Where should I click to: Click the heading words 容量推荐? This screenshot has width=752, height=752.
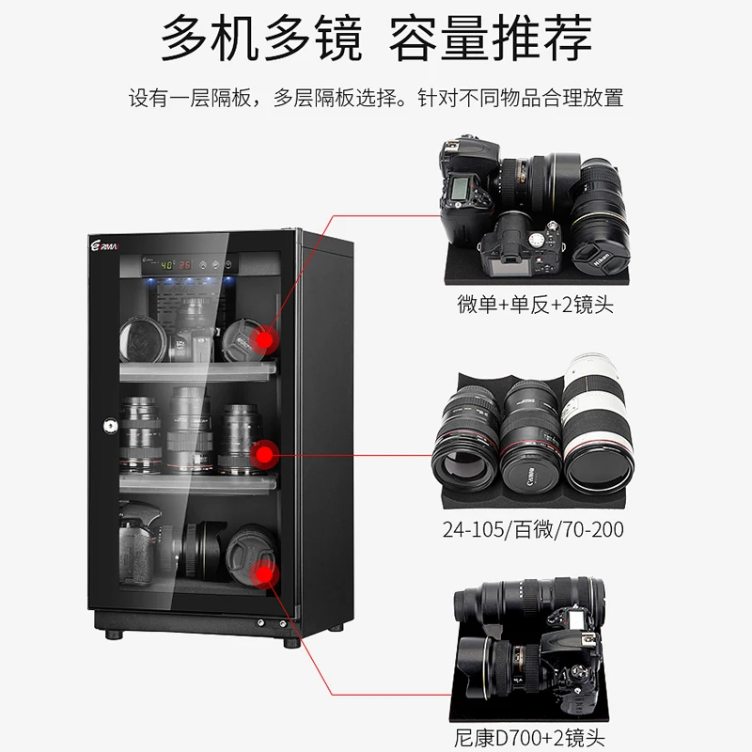click(x=494, y=40)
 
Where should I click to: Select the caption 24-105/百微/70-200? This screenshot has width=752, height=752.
click(x=533, y=529)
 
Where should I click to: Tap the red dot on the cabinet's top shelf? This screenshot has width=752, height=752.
click(x=266, y=339)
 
